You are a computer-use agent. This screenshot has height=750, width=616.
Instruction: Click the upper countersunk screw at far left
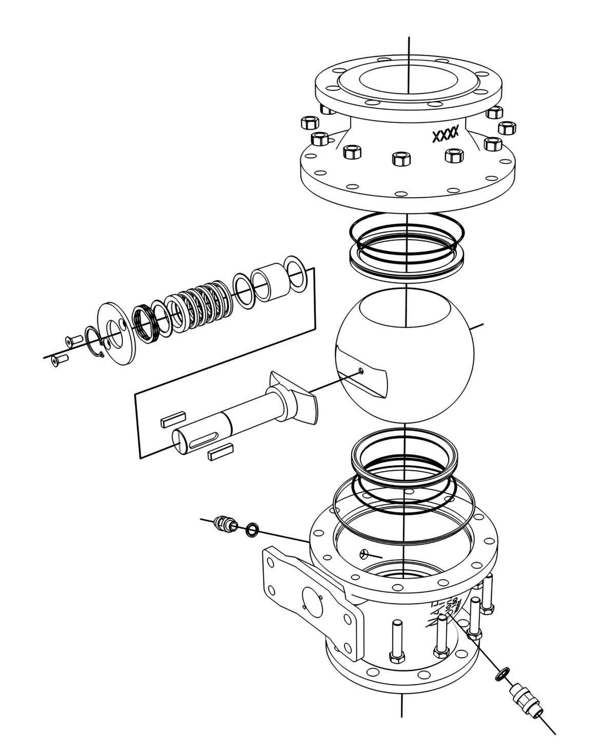tap(73, 340)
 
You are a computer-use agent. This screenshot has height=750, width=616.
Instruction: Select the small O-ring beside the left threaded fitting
tap(252, 529)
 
